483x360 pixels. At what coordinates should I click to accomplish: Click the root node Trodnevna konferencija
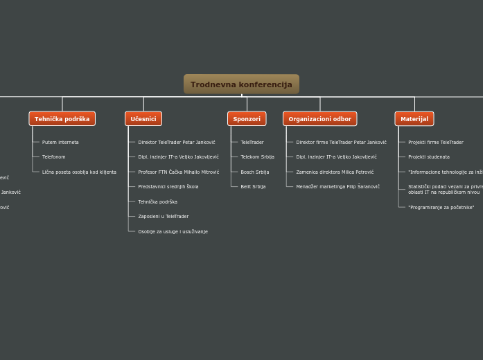tap(241, 84)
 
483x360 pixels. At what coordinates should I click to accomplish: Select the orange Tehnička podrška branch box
tap(62, 119)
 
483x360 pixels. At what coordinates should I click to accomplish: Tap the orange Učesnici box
tap(143, 119)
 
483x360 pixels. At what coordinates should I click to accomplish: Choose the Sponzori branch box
tap(247, 119)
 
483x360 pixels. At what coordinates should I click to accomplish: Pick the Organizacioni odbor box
tap(319, 119)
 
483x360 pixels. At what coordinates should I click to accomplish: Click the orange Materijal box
tap(414, 119)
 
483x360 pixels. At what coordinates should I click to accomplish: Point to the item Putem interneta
tap(60, 143)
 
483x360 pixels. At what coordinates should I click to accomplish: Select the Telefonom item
tap(54, 157)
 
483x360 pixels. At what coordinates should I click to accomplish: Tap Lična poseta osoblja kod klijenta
tap(79, 172)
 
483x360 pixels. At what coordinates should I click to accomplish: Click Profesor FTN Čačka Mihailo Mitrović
tap(178, 172)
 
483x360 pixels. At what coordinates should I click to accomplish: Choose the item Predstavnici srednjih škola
tap(168, 187)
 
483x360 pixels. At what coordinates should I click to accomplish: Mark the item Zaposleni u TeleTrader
tap(163, 217)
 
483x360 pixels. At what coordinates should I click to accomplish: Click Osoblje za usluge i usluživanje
tap(173, 231)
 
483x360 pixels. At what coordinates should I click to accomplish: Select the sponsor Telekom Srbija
tap(257, 157)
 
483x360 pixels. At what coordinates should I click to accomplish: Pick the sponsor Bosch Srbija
tap(254, 172)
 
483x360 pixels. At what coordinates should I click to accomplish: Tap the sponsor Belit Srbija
tap(253, 187)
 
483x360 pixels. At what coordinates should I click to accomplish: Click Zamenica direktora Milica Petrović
tap(335, 172)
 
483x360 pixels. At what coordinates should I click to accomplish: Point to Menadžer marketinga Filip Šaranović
tap(337, 187)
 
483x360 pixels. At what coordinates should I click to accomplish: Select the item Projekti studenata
tap(428, 157)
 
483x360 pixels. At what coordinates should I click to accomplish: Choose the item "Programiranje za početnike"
tap(441, 208)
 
